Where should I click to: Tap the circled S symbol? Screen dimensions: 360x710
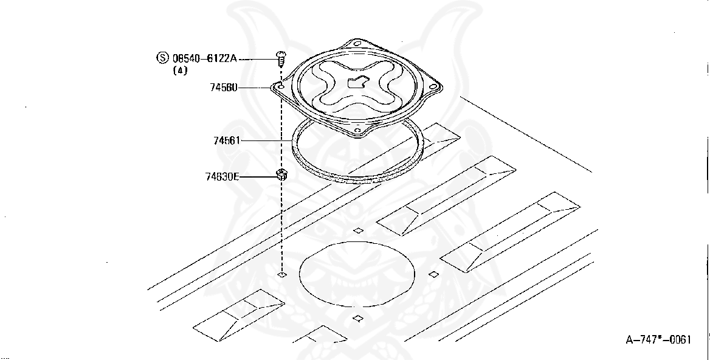coord(162,58)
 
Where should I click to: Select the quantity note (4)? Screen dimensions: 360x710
coord(180,71)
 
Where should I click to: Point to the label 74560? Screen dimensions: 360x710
coord(224,88)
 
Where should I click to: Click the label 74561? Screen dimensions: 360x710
coord(227,140)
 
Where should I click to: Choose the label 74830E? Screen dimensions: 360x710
coord(222,177)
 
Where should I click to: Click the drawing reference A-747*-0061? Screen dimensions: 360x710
coord(658,340)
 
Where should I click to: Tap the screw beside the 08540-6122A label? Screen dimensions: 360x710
coord(281,58)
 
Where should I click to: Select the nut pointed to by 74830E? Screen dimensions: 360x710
coord(281,176)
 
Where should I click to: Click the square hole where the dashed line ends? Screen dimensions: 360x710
coord(281,275)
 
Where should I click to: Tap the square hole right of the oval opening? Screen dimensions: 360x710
coord(433,274)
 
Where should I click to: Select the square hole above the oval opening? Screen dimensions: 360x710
coord(359,230)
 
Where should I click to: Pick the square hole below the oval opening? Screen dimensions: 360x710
coord(358,318)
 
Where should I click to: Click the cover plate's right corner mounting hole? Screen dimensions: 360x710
coord(433,87)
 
